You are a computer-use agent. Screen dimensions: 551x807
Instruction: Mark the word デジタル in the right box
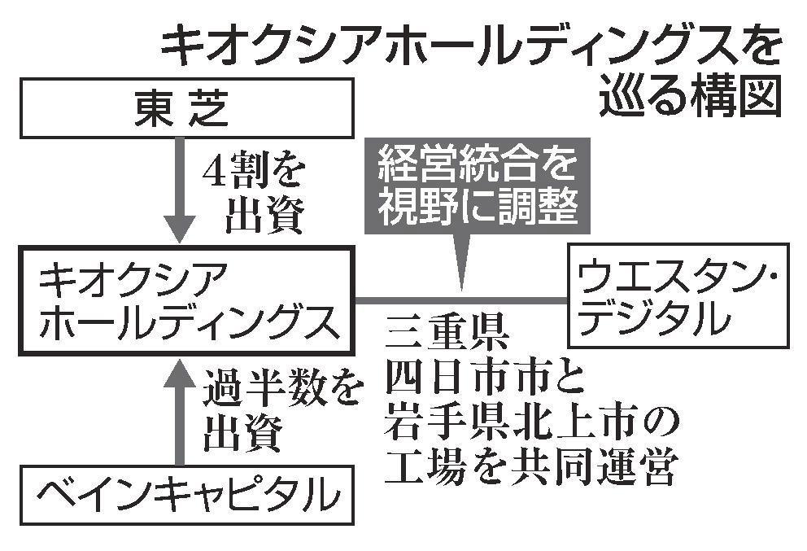coord(654,320)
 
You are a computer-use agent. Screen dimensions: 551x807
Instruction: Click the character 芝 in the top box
coord(215,111)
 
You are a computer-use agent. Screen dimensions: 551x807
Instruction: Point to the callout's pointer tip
coord(462,286)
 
